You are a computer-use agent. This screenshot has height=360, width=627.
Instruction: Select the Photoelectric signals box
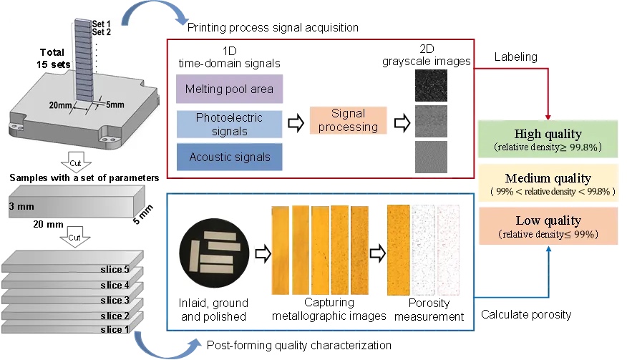point(230,124)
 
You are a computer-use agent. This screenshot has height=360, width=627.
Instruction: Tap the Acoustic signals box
point(230,157)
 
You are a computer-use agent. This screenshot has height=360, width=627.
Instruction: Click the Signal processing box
point(348,120)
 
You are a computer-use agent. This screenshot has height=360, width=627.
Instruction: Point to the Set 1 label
point(102,23)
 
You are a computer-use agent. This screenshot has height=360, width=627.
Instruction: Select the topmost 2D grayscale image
point(430,84)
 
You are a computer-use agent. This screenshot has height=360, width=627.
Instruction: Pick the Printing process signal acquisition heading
point(273,28)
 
